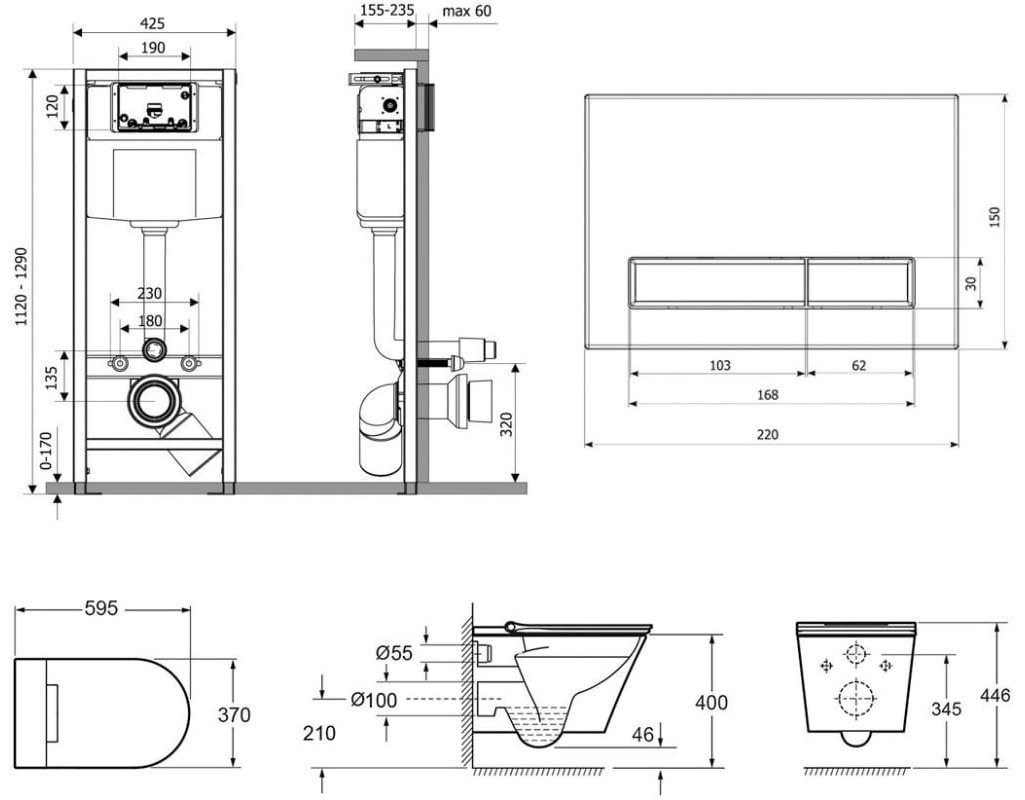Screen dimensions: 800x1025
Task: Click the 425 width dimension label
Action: click(x=153, y=22)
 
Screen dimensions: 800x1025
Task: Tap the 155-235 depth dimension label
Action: click(x=385, y=11)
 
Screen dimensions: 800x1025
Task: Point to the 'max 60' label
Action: click(x=468, y=11)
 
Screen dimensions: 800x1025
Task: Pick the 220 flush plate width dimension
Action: click(x=768, y=434)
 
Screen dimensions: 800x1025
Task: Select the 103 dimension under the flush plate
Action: click(x=719, y=366)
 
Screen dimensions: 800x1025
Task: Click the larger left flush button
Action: click(x=715, y=282)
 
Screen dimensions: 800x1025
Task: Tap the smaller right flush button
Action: click(x=860, y=282)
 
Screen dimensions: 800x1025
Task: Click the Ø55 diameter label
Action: click(x=394, y=652)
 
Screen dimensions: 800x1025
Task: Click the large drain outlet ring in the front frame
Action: click(x=153, y=402)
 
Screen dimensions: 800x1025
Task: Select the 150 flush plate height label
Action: click(x=995, y=218)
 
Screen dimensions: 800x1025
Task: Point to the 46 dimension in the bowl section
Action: click(x=642, y=734)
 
